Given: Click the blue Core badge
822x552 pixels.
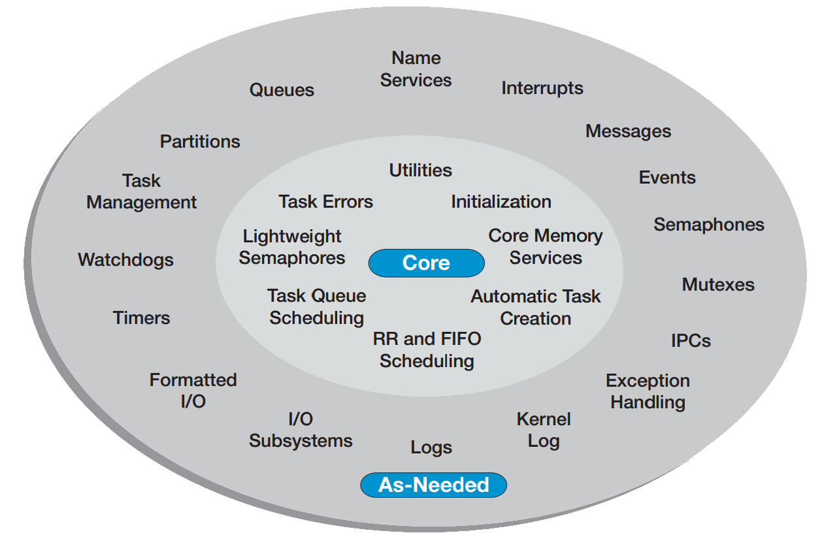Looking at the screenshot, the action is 427,263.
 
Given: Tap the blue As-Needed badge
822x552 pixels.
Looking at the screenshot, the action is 434,485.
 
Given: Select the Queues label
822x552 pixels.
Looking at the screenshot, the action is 282,90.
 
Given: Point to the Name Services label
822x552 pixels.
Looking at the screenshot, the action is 416,69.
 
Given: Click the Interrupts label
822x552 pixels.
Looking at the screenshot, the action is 542,88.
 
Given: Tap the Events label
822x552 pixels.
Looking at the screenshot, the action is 667,178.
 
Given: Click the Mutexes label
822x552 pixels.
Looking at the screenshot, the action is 718,285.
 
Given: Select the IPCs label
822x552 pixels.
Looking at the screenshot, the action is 691,341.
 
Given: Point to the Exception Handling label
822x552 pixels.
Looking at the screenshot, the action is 648,391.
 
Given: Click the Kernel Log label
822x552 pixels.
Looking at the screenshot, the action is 544,430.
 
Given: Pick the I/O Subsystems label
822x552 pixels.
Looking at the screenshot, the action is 301,430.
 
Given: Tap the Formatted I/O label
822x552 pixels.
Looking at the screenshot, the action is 193,391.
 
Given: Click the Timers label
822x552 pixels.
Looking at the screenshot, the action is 141,318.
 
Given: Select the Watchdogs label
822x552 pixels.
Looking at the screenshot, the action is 125,260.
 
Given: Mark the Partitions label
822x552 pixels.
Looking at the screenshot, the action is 200,142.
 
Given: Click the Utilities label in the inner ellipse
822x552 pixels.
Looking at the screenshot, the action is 421,170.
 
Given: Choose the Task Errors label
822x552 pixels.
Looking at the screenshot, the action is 326,202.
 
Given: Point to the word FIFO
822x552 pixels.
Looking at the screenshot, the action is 461,339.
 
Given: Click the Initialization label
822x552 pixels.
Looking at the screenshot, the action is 501,202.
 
